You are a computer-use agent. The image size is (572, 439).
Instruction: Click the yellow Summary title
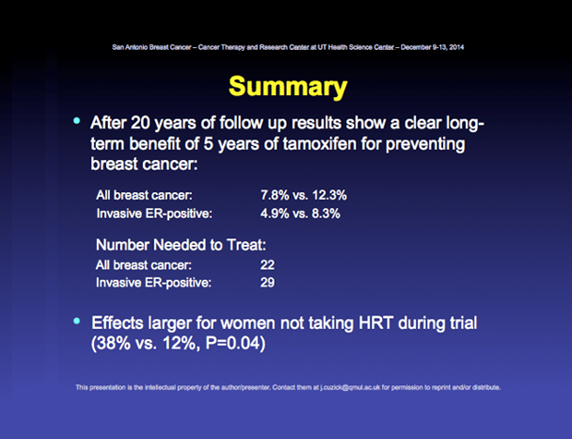[288, 88]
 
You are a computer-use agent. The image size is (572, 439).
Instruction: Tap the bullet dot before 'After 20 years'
[77, 121]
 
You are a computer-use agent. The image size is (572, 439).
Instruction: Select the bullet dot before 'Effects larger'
[77, 321]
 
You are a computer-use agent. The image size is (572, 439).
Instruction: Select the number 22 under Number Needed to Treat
[268, 265]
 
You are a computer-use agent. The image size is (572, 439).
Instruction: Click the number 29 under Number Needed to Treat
[268, 283]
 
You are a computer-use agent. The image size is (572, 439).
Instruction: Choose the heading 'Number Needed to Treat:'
[181, 245]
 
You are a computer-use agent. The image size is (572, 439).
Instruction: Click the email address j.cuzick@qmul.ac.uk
[351, 387]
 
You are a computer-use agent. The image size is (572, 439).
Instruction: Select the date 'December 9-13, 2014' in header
[433, 47]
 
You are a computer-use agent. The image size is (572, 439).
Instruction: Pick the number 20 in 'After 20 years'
[140, 123]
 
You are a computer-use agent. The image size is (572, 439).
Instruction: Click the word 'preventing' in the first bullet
[425, 144]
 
